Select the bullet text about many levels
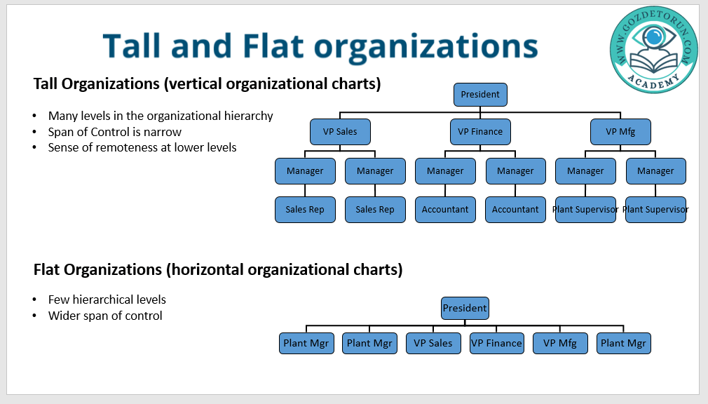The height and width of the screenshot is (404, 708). tap(161, 116)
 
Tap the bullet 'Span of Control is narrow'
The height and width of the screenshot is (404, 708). tap(115, 132)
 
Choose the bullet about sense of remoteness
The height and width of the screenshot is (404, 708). tap(142, 147)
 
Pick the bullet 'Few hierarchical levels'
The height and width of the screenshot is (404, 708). tap(107, 299)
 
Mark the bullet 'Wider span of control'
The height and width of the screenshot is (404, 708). tap(105, 316)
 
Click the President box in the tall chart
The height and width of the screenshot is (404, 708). tap(480, 95)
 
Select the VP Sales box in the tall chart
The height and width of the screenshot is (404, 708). tap(340, 131)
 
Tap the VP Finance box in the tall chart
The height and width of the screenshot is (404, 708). tap(480, 131)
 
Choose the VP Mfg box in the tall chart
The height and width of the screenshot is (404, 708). tap(620, 131)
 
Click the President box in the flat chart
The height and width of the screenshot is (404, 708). tap(465, 308)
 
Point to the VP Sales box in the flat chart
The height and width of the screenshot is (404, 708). tap(433, 343)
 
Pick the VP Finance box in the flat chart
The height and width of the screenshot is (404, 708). tap(496, 343)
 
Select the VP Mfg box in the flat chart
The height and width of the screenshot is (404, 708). tap(560, 343)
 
